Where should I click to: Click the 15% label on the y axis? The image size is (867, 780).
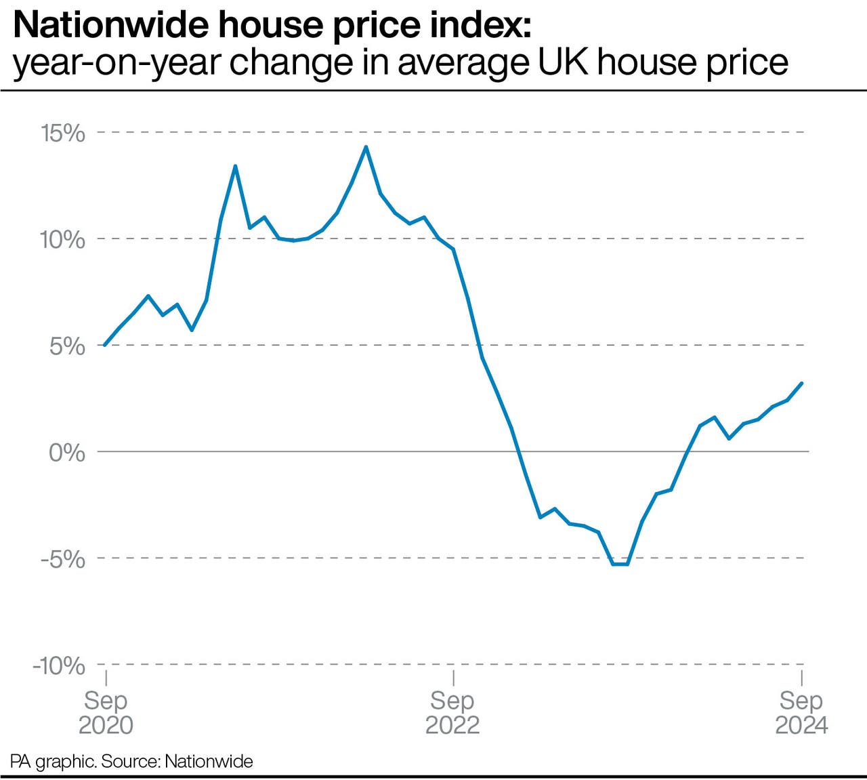click(63, 133)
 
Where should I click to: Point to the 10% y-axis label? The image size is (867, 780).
click(63, 239)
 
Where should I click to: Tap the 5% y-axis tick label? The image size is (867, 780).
click(68, 346)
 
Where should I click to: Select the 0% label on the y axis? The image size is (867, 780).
click(67, 453)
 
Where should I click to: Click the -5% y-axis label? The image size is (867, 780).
click(63, 559)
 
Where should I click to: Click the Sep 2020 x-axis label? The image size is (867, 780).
click(106, 712)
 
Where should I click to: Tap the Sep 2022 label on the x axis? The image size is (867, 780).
click(452, 712)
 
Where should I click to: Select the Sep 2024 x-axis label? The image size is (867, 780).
click(801, 712)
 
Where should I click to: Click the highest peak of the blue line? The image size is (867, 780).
click(366, 146)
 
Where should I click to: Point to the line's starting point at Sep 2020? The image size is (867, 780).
click(105, 345)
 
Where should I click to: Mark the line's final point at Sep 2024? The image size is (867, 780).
click(802, 383)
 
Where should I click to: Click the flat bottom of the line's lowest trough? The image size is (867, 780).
click(620, 564)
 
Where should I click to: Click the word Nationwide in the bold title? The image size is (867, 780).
click(109, 26)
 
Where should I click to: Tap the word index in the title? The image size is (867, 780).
click(479, 26)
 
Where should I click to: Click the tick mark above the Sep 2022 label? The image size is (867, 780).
click(453, 678)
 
